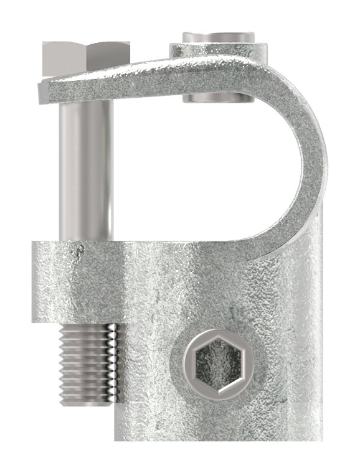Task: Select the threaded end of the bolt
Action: [x=87, y=364]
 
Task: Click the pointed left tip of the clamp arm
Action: [x=41, y=93]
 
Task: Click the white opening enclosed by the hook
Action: [x=206, y=174]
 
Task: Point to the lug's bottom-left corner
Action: [x=34, y=322]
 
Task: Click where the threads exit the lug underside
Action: [x=87, y=325]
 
